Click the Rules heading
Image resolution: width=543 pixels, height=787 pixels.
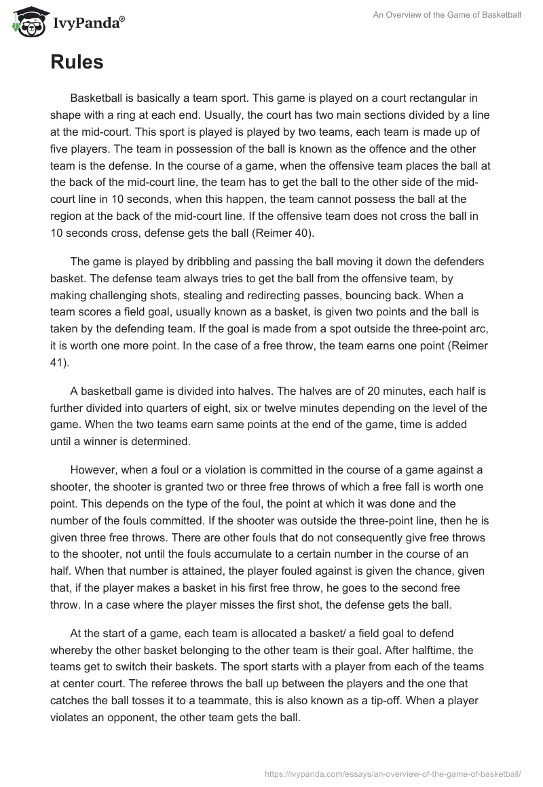click(x=77, y=62)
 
